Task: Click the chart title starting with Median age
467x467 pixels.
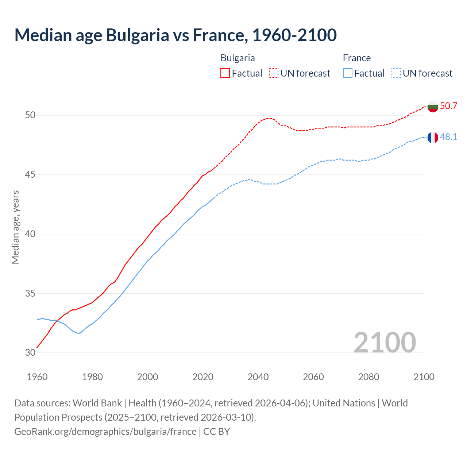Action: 175,35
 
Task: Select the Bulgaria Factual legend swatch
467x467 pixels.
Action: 225,73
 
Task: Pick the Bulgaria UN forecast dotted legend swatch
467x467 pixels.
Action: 274,73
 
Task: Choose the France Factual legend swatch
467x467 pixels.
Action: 348,73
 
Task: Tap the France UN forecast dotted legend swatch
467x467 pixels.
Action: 396,73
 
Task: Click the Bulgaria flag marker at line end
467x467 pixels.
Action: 433,107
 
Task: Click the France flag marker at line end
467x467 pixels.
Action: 433,138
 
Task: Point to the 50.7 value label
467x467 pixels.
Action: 448,106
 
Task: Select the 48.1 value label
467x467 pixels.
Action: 448,137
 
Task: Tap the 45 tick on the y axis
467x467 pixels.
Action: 30,174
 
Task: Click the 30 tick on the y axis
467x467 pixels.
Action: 30,352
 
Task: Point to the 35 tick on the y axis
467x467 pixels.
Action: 30,293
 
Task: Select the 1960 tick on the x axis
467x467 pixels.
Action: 37,377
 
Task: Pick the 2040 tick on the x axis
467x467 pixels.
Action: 258,377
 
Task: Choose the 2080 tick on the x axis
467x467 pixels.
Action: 368,377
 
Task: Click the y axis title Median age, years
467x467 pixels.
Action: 15,227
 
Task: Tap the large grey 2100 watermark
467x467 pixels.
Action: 385,342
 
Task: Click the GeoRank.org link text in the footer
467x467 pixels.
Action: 105,432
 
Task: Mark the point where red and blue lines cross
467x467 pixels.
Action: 57,321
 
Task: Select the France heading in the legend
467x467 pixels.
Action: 356,58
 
